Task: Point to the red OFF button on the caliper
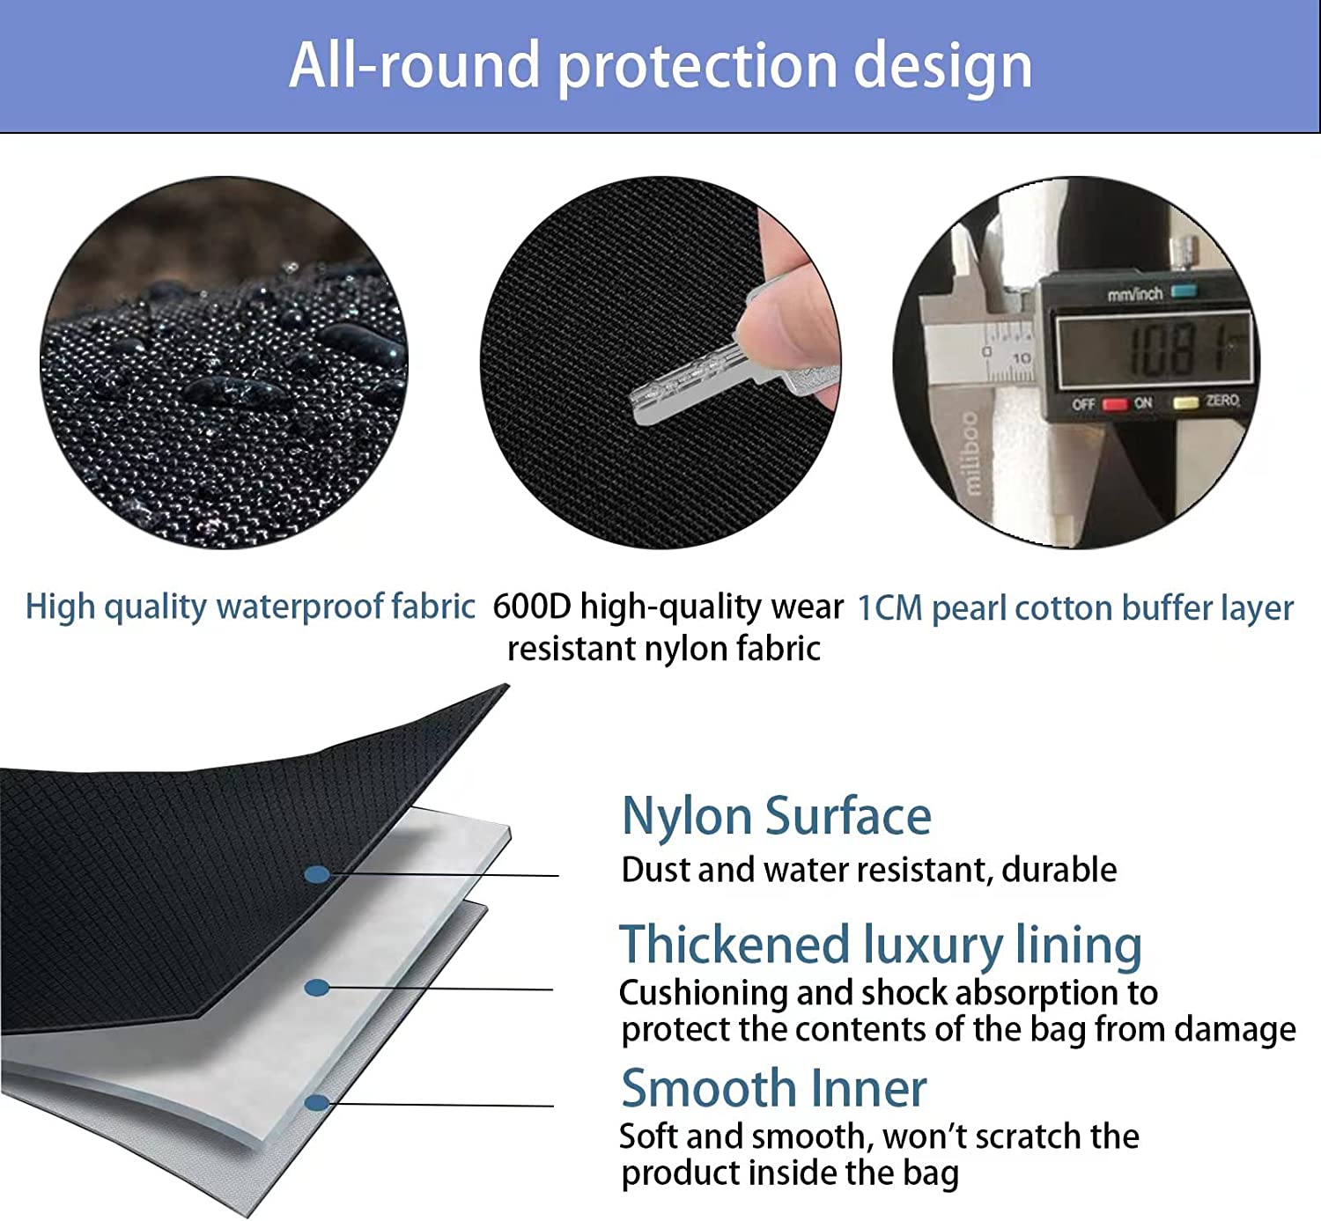(1115, 404)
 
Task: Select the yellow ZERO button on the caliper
(1185, 402)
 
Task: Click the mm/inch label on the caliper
(1135, 293)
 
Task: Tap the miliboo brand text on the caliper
(971, 452)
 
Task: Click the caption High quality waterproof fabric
(250, 607)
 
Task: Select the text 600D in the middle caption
(531, 606)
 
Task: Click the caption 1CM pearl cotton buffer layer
(1075, 608)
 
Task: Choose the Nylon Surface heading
(776, 817)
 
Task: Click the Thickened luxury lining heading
(881, 945)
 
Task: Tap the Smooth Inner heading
(773, 1089)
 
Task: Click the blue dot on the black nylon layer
(317, 874)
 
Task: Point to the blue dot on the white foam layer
(317, 988)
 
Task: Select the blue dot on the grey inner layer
(317, 1103)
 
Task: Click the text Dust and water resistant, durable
(869, 870)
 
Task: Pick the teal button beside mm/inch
(1184, 291)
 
